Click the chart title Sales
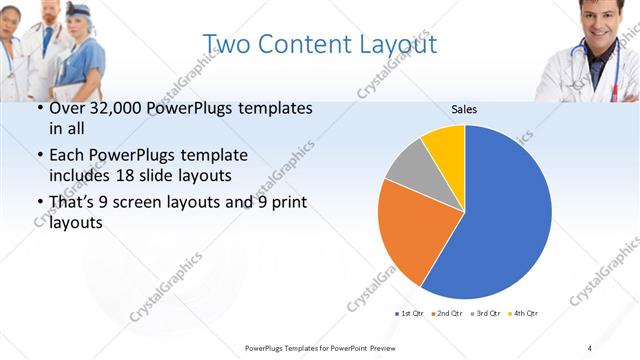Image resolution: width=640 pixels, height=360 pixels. (463, 108)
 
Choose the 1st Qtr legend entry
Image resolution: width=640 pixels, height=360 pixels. (410, 314)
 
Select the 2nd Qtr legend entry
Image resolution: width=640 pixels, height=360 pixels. (446, 314)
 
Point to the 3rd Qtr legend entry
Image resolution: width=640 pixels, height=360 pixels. (485, 314)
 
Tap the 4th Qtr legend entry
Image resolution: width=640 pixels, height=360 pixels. (523, 314)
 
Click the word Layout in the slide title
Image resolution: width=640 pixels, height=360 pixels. (393, 44)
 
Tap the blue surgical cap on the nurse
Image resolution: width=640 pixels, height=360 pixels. (80, 10)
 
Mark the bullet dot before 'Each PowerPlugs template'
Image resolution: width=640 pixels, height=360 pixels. (39, 156)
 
